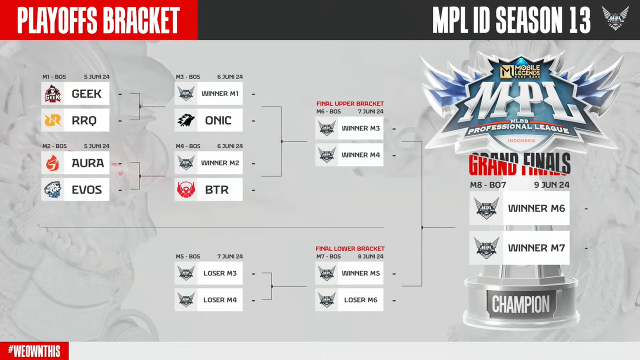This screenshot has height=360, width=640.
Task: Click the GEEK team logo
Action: click(x=52, y=93)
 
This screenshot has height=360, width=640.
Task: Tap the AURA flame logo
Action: click(x=52, y=163)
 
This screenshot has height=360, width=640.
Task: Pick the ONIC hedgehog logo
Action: click(x=186, y=120)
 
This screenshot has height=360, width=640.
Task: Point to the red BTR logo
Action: click(x=186, y=190)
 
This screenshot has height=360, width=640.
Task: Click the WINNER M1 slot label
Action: click(x=220, y=93)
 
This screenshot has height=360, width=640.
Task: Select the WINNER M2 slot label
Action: click(x=220, y=163)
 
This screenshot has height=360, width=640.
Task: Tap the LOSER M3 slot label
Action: click(x=220, y=273)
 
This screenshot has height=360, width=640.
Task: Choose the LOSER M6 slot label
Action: click(x=360, y=300)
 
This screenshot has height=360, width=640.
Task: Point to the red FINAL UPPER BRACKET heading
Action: click(x=350, y=104)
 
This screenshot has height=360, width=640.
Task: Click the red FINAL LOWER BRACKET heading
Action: click(x=350, y=248)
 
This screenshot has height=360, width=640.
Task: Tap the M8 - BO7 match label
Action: click(x=488, y=185)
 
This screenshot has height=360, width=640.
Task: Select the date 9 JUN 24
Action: click(x=551, y=185)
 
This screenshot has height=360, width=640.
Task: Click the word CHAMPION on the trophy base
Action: click(x=520, y=304)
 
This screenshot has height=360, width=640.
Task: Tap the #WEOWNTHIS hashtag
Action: click(x=34, y=351)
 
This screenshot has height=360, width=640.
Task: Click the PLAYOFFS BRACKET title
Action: click(x=98, y=20)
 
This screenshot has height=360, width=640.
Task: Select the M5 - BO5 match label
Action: click(x=187, y=256)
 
